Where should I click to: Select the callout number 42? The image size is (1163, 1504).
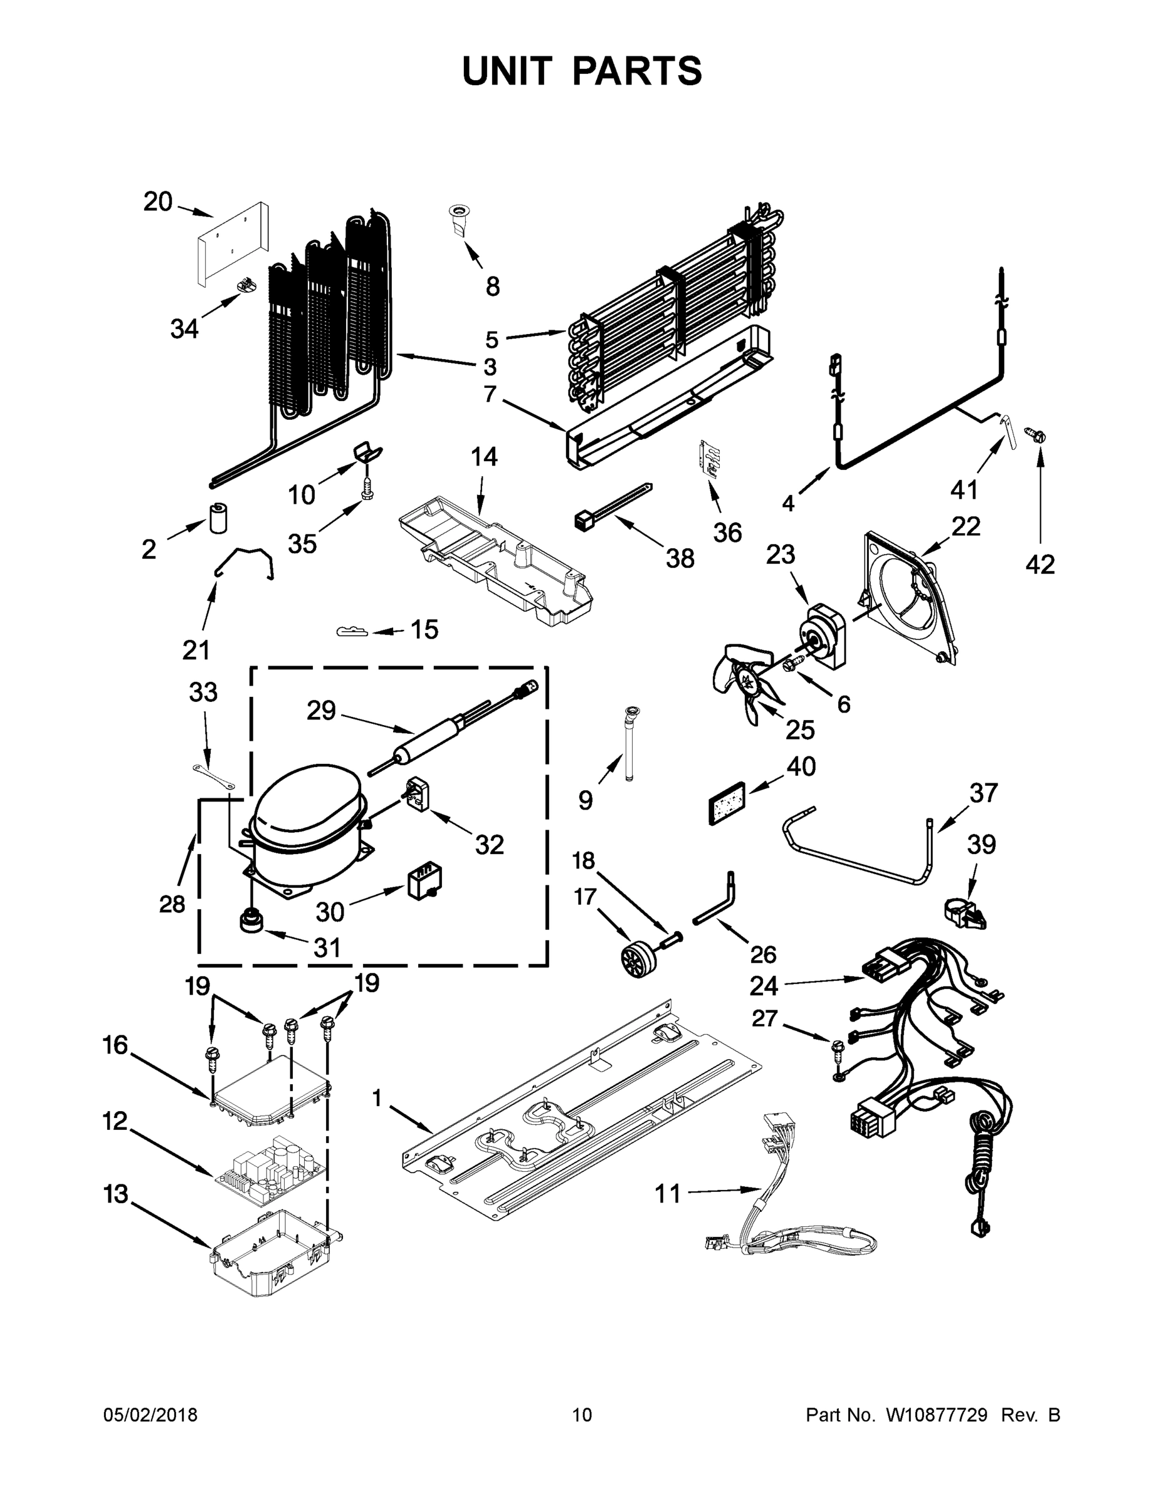coord(1039,565)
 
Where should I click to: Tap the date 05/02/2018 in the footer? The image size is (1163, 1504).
coord(150,1414)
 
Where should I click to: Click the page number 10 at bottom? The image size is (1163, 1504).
coord(582,1414)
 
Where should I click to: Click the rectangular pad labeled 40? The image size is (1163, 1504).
coord(727,803)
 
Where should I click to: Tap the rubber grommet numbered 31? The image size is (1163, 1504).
coord(251,921)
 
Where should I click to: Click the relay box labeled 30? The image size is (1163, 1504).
coord(424,882)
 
